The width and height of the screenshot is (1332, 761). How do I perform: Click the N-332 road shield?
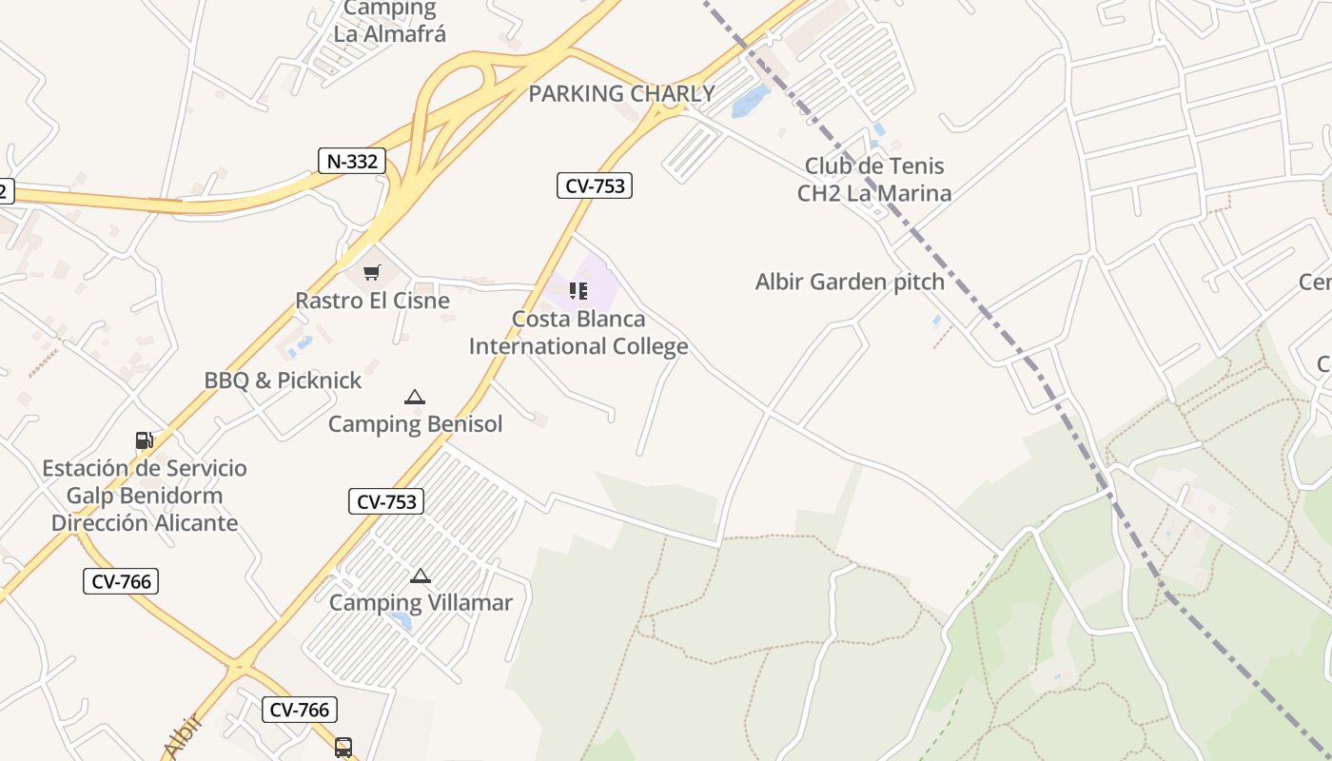coord(352,162)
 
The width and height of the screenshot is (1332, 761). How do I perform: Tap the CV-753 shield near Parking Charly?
coord(594,186)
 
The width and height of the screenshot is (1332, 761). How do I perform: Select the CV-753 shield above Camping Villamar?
coord(386,501)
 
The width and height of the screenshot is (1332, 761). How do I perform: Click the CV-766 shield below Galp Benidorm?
coord(121,581)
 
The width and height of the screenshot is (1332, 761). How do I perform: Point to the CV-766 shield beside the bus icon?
coord(300,710)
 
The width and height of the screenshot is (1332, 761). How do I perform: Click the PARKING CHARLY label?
coord(621,94)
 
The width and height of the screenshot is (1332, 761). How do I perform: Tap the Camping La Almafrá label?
coord(389,21)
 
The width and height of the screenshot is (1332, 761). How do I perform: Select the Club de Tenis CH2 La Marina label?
coord(873,180)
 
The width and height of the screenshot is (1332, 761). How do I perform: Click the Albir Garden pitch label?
coord(850,282)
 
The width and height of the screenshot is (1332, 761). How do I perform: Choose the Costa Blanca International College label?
coord(578,332)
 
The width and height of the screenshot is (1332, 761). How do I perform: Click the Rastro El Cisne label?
coord(372,301)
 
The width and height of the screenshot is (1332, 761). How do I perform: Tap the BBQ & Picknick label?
coord(283,380)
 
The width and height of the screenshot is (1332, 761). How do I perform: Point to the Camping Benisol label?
coord(415,424)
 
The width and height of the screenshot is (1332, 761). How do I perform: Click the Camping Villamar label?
coord(421,602)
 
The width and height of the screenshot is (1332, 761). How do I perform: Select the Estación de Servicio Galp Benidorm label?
coord(145,496)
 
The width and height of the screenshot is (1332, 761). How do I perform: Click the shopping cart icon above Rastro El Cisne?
coord(372,273)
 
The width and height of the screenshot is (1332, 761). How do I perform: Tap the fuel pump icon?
coord(145,439)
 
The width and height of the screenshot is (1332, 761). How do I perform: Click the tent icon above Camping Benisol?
coord(414,397)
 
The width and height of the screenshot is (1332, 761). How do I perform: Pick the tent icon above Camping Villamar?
coord(421,576)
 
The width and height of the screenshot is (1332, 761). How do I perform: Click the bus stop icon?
coord(343,748)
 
